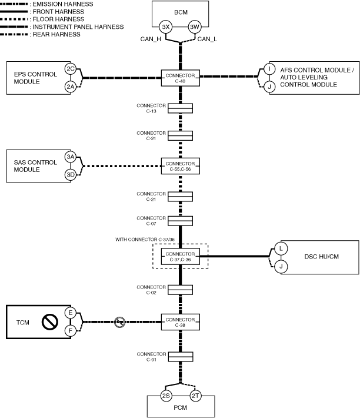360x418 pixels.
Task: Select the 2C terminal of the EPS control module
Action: point(71,69)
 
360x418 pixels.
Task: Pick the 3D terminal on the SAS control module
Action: point(71,175)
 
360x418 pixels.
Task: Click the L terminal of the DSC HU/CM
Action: point(281,248)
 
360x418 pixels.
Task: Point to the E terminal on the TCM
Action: point(71,313)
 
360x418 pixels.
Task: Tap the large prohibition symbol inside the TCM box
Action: point(49,322)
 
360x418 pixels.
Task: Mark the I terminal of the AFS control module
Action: point(269,69)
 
